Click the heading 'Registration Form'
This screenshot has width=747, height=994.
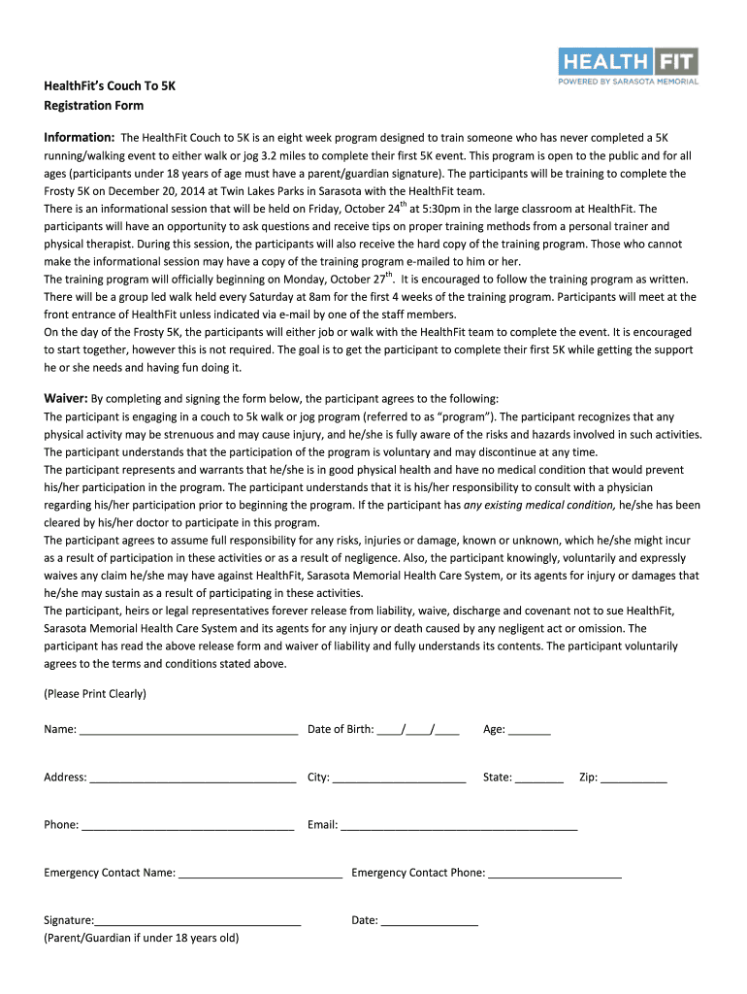pyautogui.click(x=93, y=105)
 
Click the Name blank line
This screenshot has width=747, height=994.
pyautogui.click(x=188, y=730)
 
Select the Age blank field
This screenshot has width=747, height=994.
pyautogui.click(x=529, y=730)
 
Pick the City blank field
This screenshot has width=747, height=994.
pyautogui.click(x=400, y=778)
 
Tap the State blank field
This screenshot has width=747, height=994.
pyautogui.click(x=539, y=778)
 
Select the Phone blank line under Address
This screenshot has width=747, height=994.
pyautogui.click(x=188, y=825)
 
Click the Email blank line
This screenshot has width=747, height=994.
pyautogui.click(x=459, y=825)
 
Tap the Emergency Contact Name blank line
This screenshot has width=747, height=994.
pyautogui.click(x=261, y=873)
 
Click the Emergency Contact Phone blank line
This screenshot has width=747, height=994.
pyautogui.click(x=555, y=873)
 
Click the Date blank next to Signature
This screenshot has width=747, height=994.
pyautogui.click(x=430, y=920)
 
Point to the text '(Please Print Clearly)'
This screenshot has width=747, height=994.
pyautogui.click(x=95, y=694)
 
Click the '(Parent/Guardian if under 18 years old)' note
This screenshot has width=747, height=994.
pyautogui.click(x=141, y=938)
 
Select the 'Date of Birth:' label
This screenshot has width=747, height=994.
pyautogui.click(x=341, y=729)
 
